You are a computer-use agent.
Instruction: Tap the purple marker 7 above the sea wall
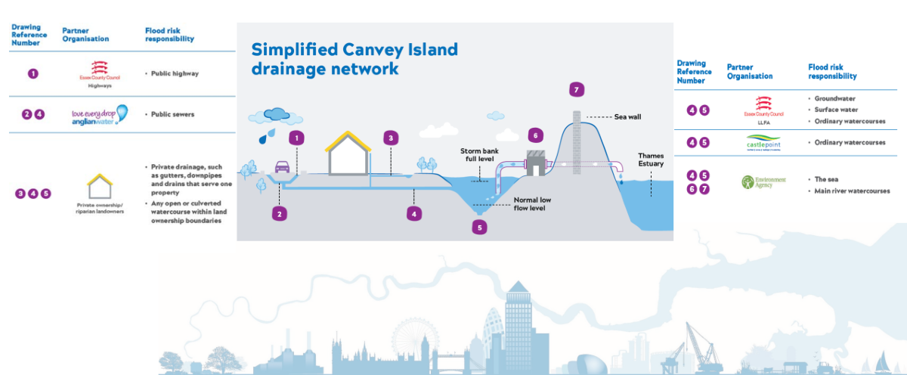click(577, 90)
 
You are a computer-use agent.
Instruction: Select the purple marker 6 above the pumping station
click(534, 135)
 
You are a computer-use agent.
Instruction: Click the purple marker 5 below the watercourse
click(478, 225)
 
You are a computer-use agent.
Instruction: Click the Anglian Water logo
click(99, 114)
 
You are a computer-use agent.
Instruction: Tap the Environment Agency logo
click(763, 181)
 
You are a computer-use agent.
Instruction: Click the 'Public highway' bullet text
click(172, 74)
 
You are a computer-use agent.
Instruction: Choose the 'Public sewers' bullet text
click(171, 115)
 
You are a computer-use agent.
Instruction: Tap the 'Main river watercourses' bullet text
click(850, 191)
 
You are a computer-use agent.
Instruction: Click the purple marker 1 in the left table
click(33, 74)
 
